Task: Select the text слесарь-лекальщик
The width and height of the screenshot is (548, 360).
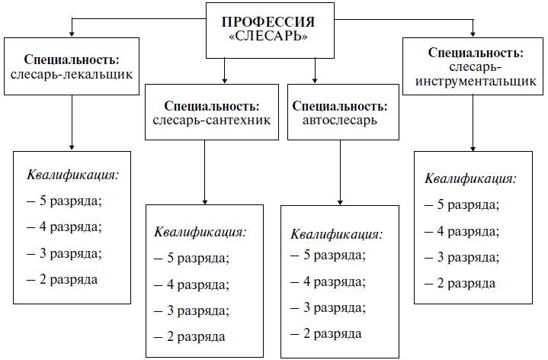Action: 72,75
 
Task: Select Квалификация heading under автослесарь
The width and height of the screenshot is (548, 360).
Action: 337,234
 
